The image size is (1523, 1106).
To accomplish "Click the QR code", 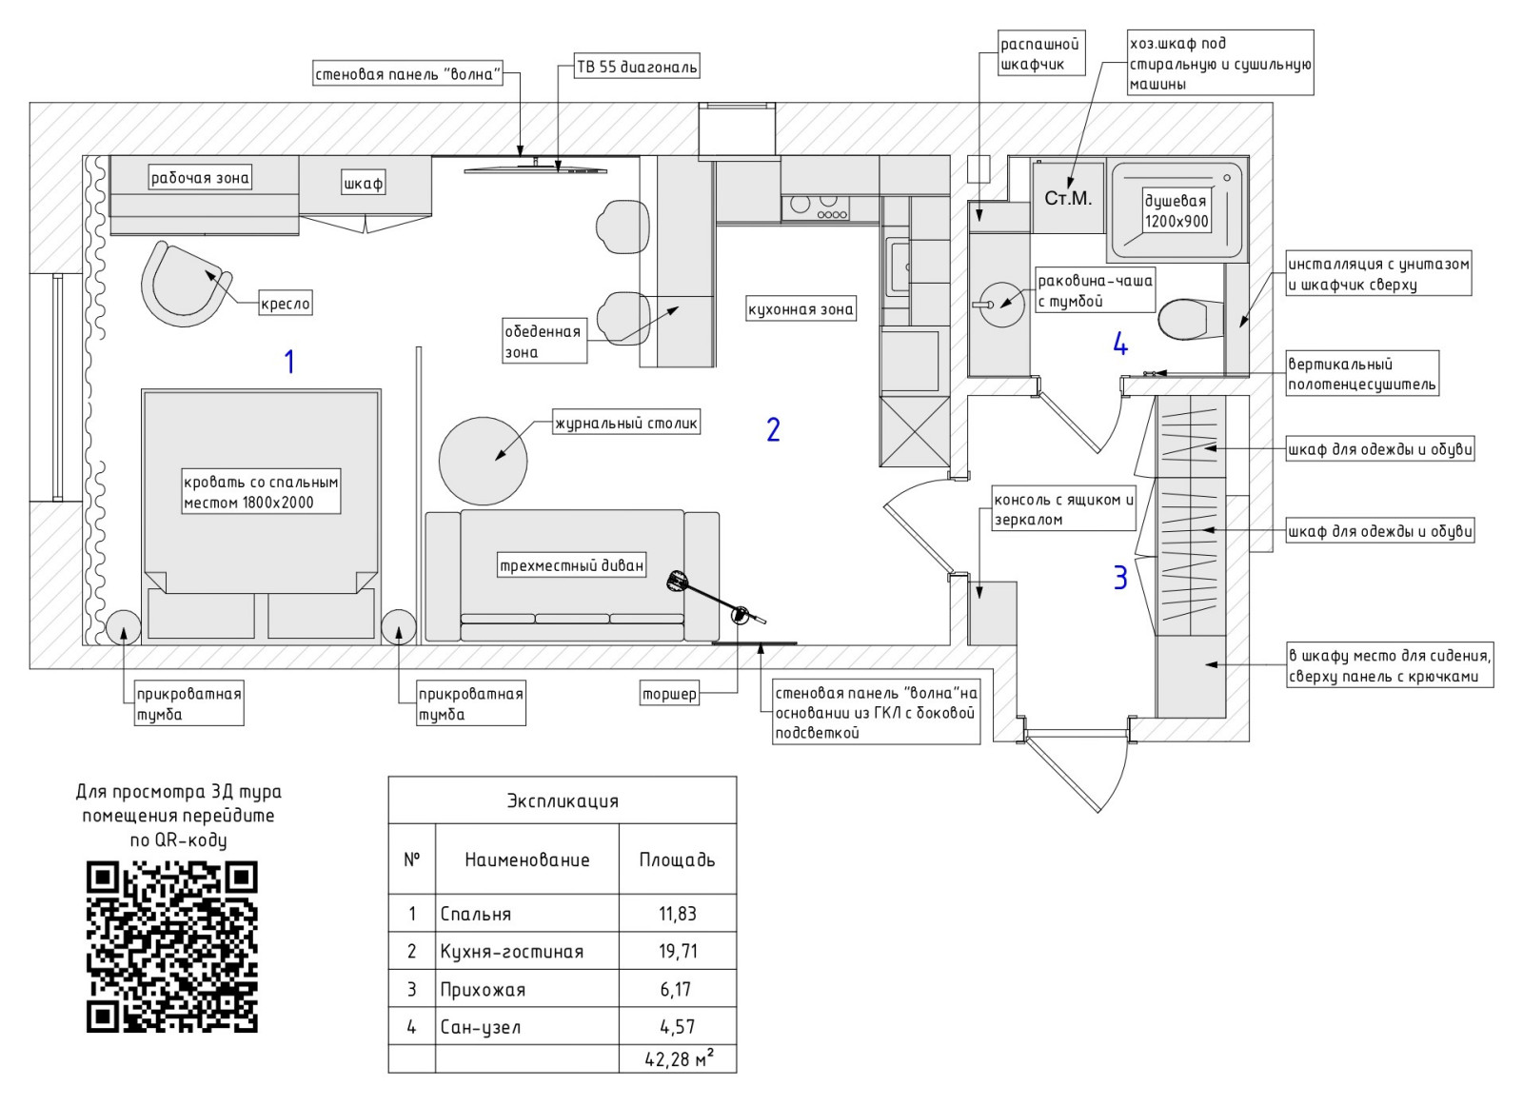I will (172, 947).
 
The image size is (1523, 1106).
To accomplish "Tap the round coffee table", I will (483, 461).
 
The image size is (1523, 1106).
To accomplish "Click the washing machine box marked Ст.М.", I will (1068, 198).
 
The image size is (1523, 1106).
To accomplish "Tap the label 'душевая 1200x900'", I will (1176, 210).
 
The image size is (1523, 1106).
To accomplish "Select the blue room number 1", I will (289, 362).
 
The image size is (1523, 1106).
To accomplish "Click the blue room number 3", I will (1120, 577).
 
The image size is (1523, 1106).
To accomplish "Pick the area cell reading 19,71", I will (678, 951).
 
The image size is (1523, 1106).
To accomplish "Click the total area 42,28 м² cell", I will (678, 1058).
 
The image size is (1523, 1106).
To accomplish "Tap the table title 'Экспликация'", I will (562, 800).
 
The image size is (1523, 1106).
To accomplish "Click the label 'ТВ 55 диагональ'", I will (637, 67).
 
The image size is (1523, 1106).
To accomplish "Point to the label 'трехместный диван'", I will (572, 565).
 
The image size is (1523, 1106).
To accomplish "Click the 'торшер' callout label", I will (669, 694).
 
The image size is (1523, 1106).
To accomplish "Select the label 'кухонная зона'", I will (801, 309).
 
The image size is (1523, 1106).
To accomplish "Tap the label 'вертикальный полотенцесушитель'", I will (1361, 374).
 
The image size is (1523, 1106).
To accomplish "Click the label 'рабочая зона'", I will (200, 177).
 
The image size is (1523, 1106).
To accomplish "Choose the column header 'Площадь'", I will (677, 859).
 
